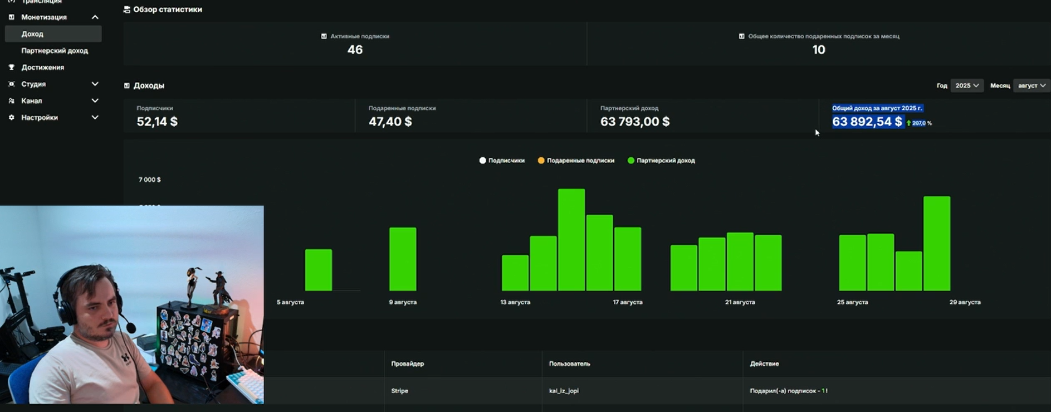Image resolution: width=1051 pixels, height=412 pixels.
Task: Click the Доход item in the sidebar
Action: pos(32,34)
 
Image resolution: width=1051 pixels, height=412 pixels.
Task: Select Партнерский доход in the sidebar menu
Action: pos(55,51)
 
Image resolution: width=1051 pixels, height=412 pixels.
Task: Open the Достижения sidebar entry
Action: pos(42,67)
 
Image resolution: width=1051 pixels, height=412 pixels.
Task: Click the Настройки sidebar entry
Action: pos(40,118)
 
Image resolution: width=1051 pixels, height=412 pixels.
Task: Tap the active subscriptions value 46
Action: pos(355,50)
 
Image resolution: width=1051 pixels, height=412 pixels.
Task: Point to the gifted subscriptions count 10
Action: pos(818,50)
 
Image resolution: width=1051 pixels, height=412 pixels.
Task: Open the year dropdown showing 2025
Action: pos(967,85)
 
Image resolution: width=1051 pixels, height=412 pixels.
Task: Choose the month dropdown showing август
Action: pos(1031,85)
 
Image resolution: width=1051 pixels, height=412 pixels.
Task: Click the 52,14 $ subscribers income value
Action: pos(157,122)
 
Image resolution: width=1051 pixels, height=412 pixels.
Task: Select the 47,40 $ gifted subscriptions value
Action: pos(390,122)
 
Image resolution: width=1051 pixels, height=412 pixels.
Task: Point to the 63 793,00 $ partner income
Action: pos(635,122)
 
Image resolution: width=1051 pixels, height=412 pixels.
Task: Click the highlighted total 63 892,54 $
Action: pos(867,122)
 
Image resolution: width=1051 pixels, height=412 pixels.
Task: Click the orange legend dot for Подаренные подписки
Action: pos(541,161)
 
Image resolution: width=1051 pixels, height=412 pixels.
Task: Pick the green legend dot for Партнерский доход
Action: pos(630,161)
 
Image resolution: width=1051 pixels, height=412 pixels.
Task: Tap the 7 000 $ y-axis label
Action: pos(149,180)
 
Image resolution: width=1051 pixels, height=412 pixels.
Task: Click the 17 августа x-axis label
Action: pos(628,302)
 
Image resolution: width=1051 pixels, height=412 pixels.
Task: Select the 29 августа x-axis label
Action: pos(965,302)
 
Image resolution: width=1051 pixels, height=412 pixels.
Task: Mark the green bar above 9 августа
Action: pos(403,259)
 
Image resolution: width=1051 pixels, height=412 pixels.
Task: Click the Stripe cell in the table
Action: pos(399,391)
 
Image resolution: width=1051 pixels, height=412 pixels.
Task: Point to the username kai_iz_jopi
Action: pos(564,391)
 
